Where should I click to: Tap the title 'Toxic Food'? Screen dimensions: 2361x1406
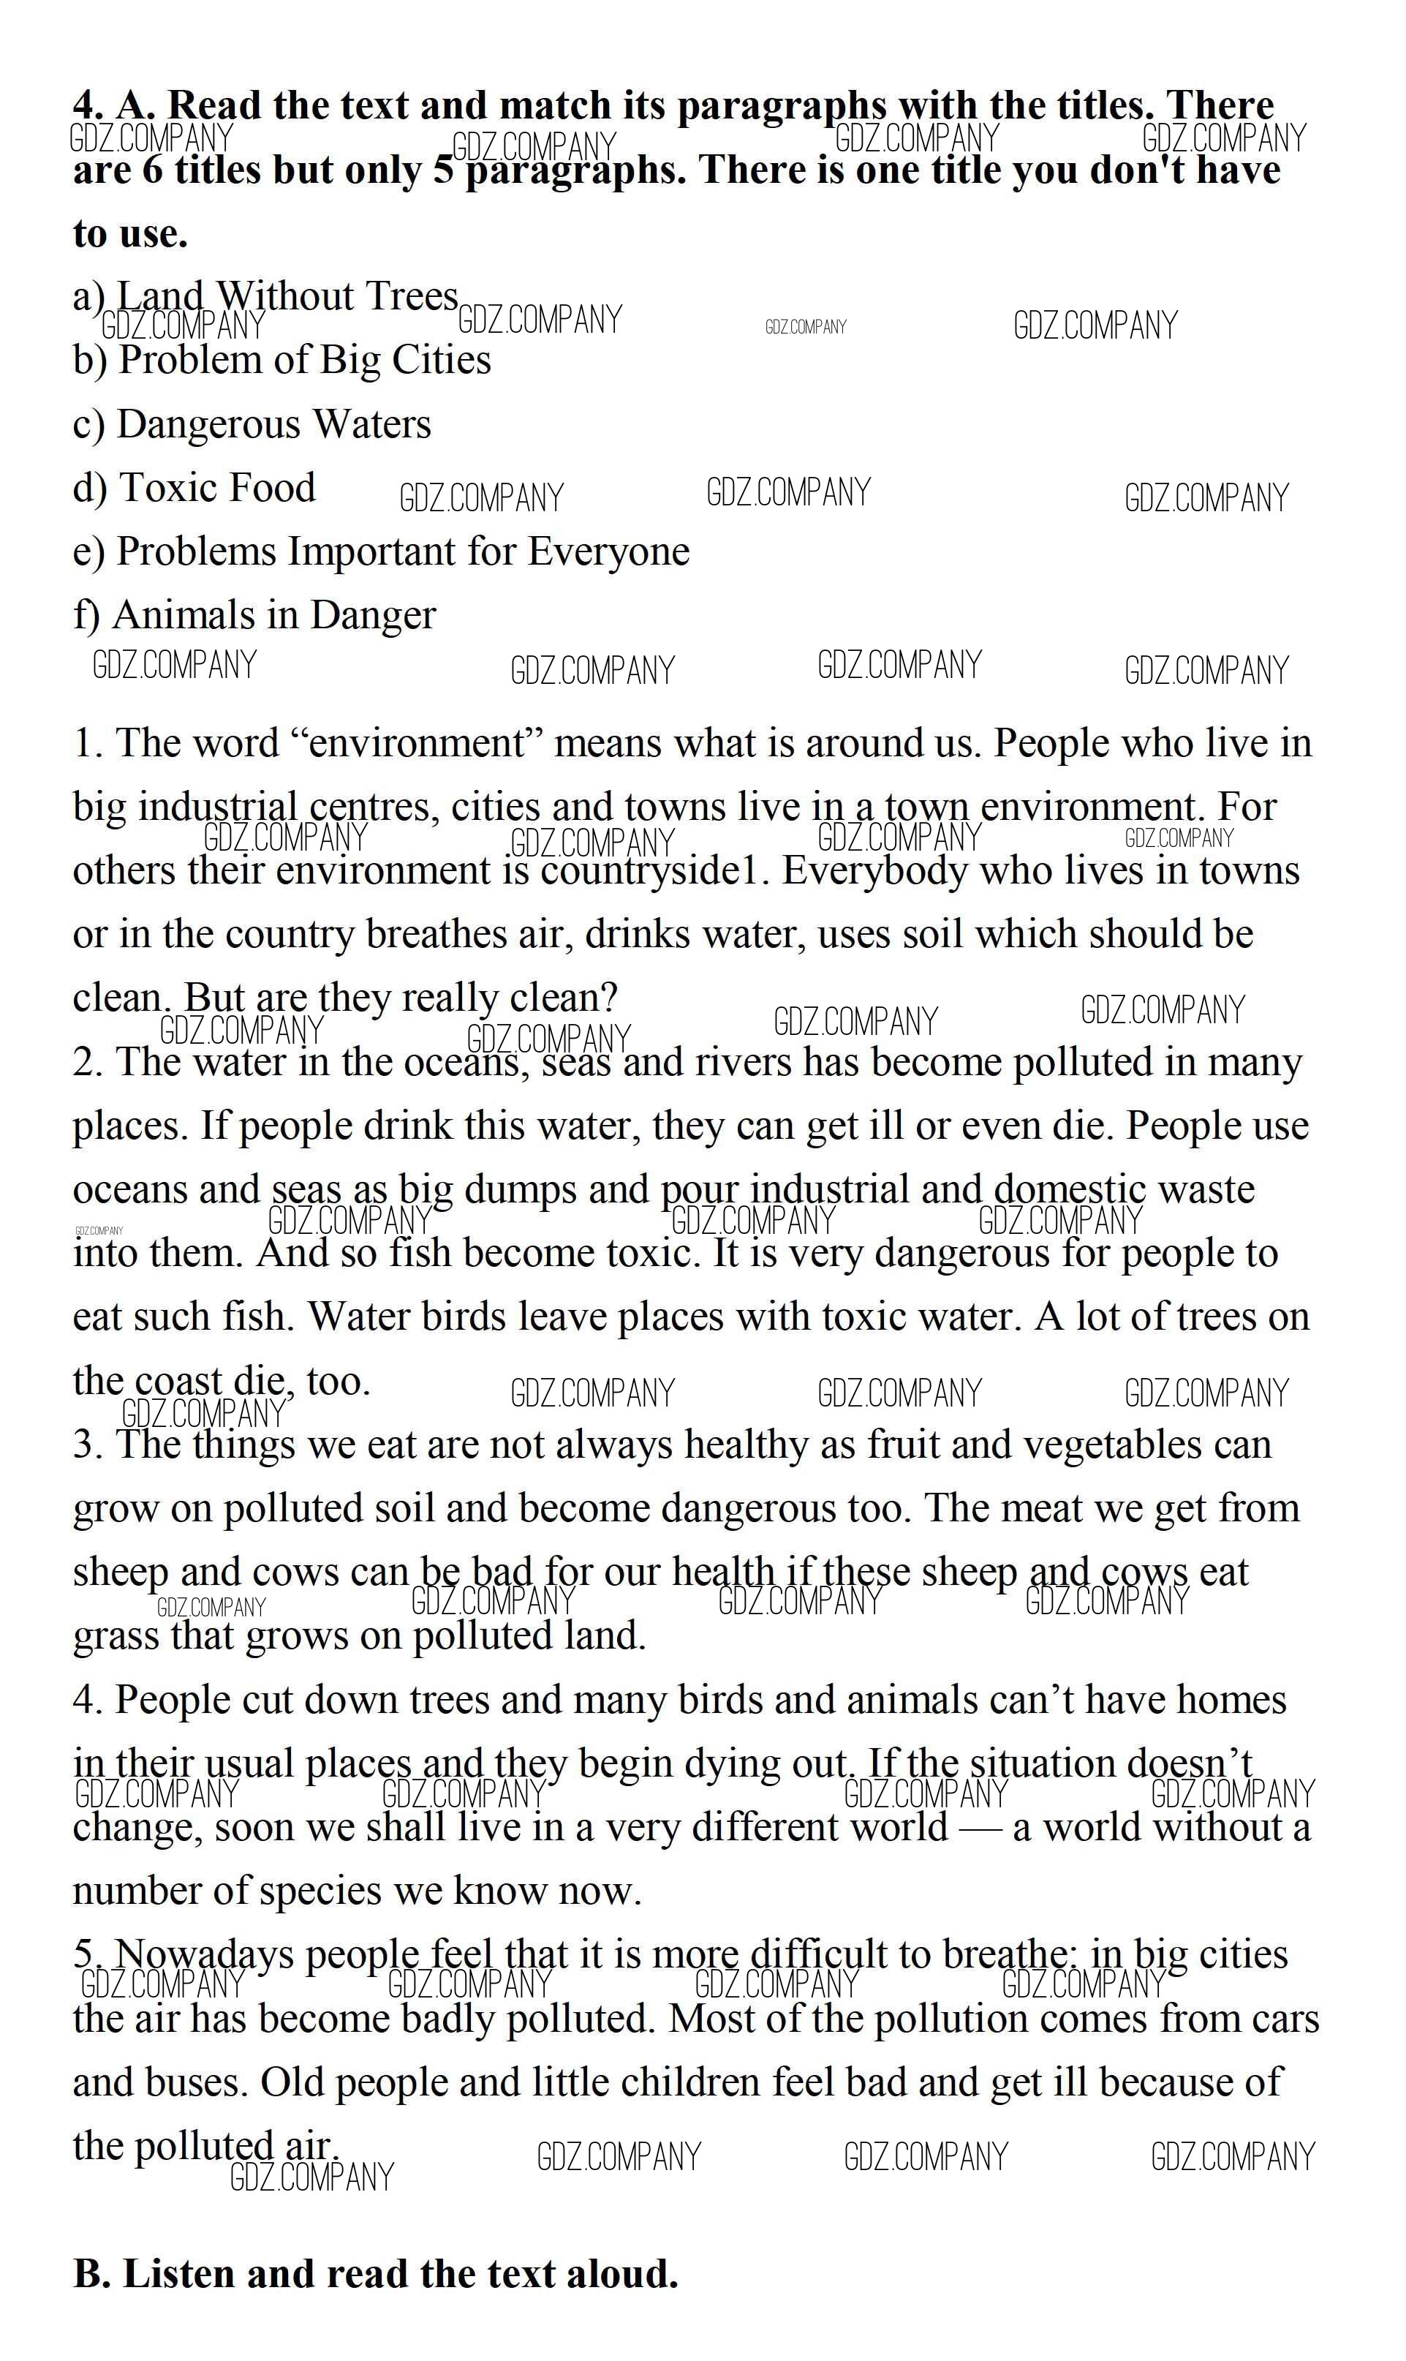click(x=217, y=487)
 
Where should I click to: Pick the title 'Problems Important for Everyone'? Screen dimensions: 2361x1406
click(x=403, y=551)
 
